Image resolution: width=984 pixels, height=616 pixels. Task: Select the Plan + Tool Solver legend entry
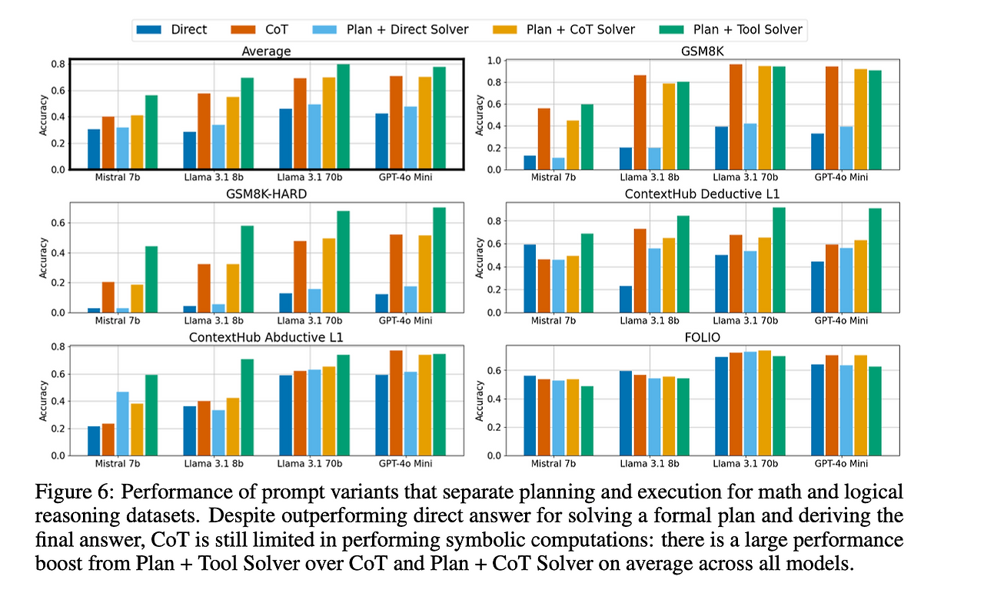(747, 29)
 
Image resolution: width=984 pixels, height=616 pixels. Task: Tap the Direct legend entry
(189, 29)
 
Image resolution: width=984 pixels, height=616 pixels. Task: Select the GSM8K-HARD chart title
(267, 194)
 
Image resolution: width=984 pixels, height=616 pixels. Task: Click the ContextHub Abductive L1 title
(266, 338)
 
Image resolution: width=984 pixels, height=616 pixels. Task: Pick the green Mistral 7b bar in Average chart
(151, 132)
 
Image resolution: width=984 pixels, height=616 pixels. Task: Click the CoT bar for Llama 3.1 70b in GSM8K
(735, 117)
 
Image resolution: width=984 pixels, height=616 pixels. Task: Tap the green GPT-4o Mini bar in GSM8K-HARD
(440, 260)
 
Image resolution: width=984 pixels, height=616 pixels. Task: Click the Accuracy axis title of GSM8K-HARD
(44, 258)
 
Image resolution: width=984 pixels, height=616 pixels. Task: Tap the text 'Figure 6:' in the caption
(69, 492)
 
